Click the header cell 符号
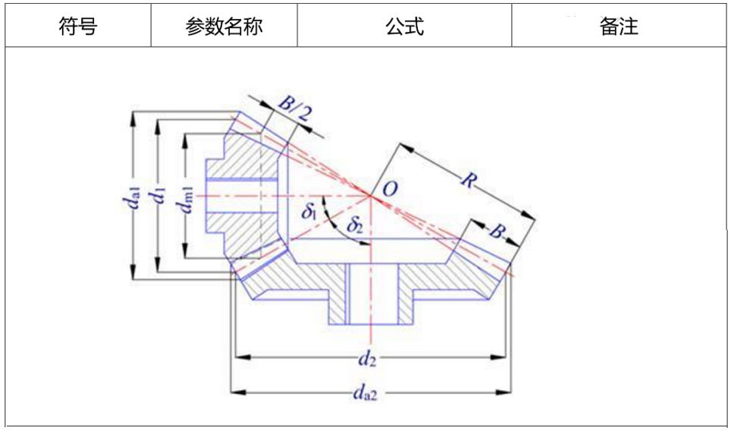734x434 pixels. [x=78, y=27]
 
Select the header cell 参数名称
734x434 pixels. [x=224, y=27]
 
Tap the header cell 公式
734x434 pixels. [x=404, y=27]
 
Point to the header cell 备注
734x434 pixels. [x=619, y=27]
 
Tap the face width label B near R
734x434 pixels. [x=496, y=231]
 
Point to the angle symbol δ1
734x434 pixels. [x=309, y=211]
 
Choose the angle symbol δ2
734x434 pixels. [x=355, y=225]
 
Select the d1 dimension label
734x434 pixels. [x=158, y=197]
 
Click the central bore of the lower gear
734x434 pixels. [x=369, y=294]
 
